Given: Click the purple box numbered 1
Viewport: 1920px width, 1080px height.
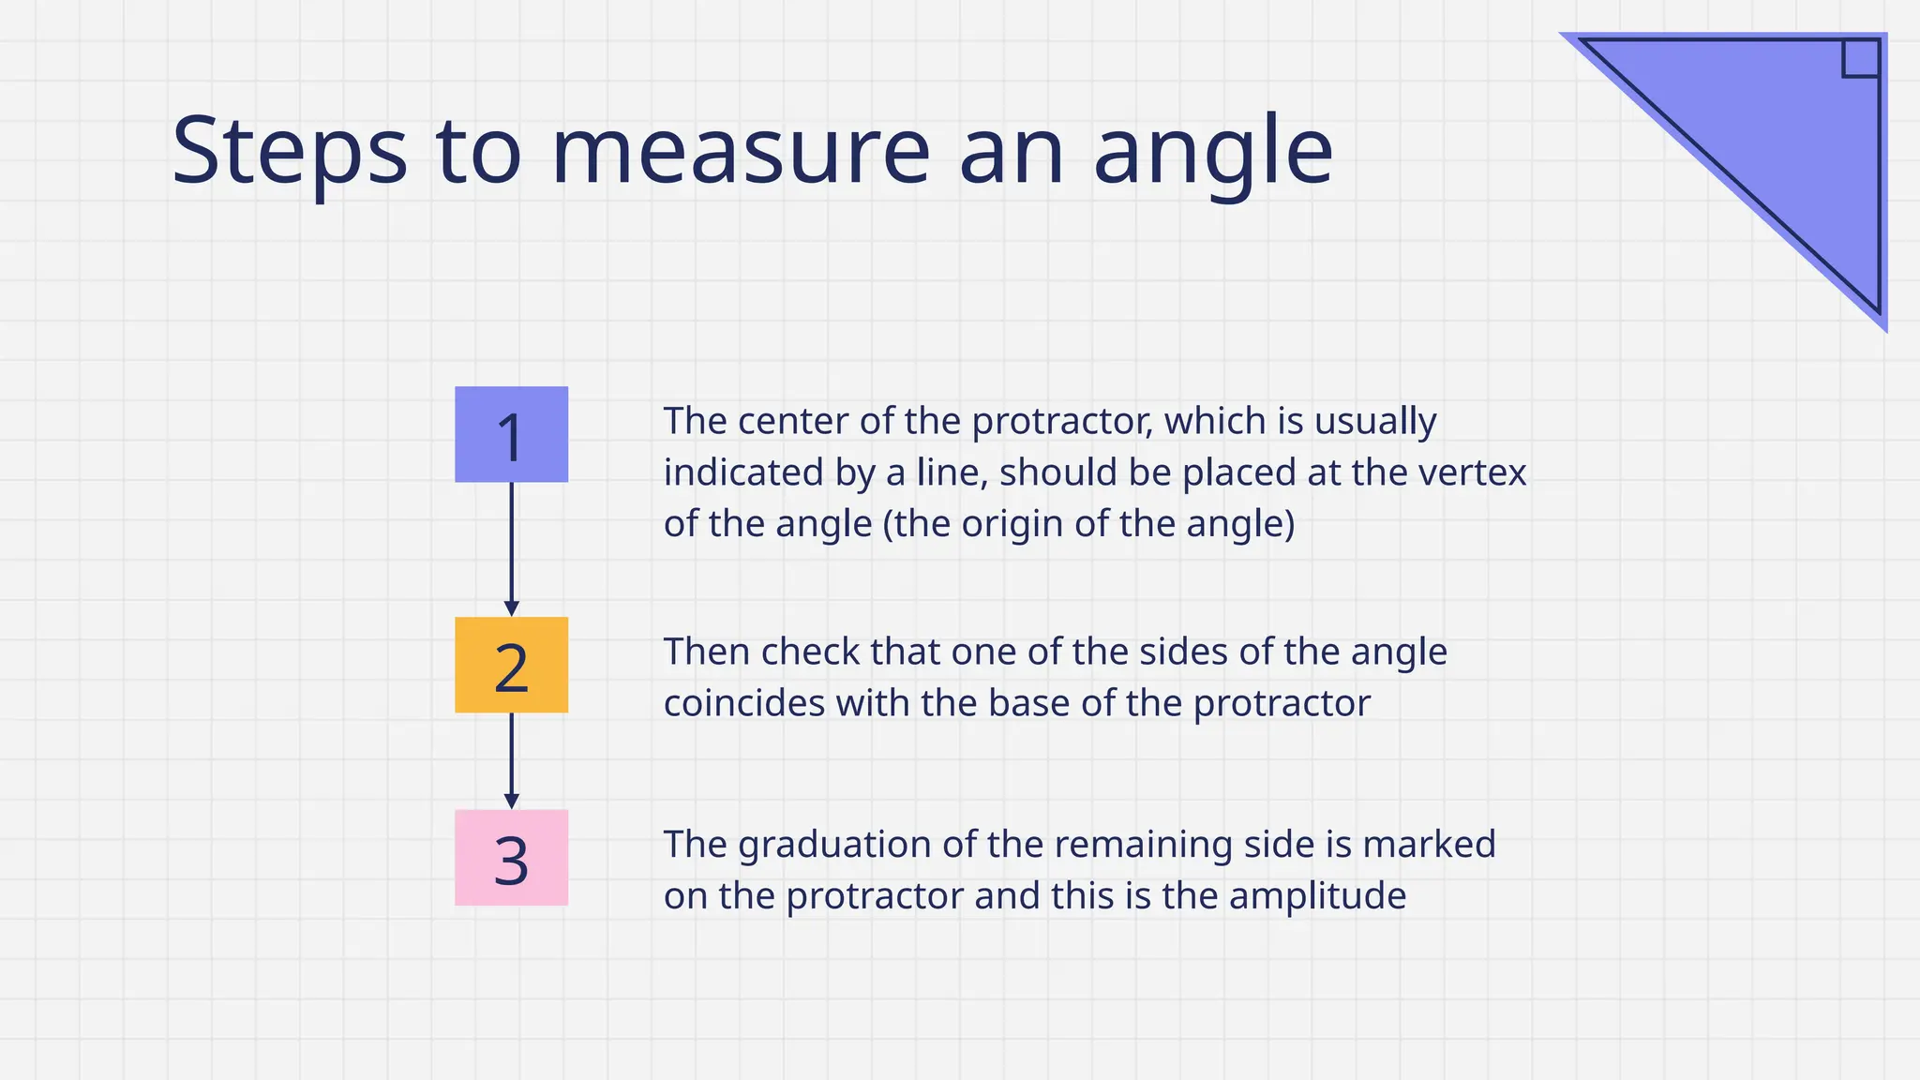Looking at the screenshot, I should point(511,435).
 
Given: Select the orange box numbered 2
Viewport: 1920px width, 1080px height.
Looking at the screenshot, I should point(511,666).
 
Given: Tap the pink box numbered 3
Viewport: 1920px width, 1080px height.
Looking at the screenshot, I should point(511,858).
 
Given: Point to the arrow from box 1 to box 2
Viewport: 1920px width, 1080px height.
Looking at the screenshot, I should point(511,549).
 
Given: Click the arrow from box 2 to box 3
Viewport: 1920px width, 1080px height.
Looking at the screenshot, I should point(511,760).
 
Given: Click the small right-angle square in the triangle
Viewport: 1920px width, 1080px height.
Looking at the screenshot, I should point(1860,58).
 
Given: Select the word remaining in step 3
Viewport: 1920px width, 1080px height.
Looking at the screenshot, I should point(1149,846).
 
